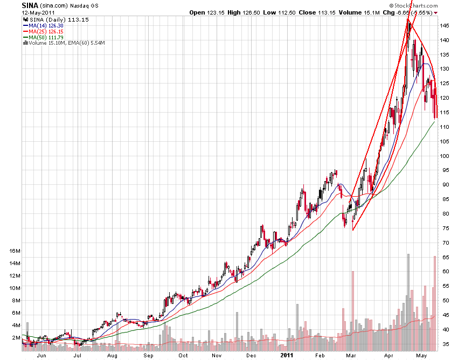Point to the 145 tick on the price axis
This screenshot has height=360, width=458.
(x=445, y=25)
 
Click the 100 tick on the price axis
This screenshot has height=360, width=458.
(x=445, y=156)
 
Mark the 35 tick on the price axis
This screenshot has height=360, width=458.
(x=445, y=344)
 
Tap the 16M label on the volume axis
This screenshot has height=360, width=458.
(x=15, y=251)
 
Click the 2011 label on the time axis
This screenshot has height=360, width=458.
(x=286, y=356)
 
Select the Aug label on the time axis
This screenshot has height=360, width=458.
(x=113, y=356)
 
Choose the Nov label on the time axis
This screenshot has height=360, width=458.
(x=217, y=356)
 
